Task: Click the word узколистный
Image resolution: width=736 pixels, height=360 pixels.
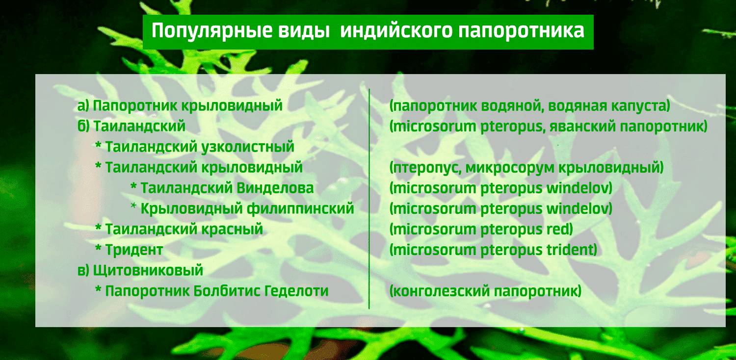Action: coord(248,147)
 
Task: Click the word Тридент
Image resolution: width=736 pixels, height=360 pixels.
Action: coord(134,250)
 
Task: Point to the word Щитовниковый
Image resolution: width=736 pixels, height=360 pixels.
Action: coord(148,270)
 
